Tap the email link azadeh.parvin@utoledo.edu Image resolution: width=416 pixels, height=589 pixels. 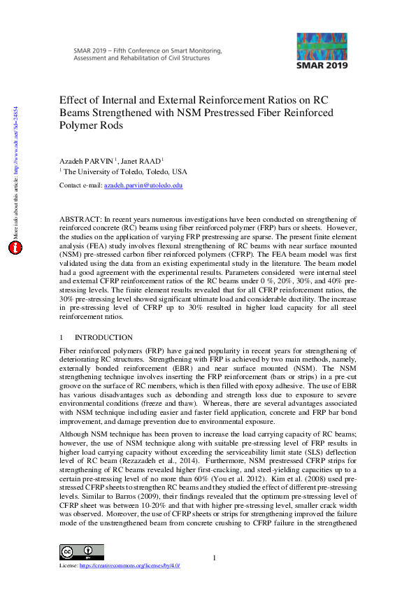143,185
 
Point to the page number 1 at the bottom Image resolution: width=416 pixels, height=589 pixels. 215,558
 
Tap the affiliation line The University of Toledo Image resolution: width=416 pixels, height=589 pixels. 126,171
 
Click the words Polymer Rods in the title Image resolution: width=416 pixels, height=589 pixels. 92,126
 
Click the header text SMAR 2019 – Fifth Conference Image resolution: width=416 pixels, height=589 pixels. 147,50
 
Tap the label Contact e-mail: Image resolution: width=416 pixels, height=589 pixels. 80,185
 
